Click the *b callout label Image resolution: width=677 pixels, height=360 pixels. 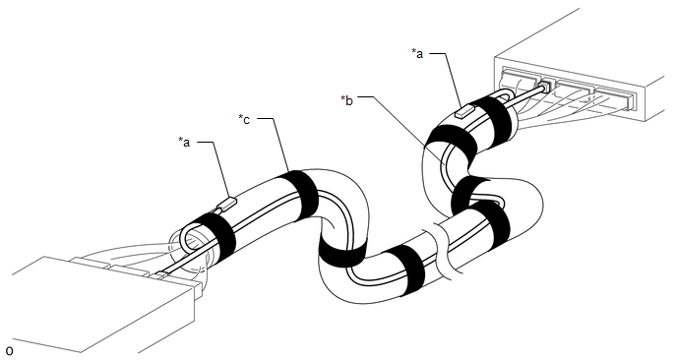click(x=346, y=100)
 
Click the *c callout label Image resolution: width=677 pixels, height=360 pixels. click(x=244, y=119)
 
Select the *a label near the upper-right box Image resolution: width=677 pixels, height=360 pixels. click(x=417, y=53)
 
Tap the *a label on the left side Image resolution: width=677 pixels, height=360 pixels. click(x=184, y=142)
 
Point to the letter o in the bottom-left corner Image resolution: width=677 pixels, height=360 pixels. click(x=9, y=350)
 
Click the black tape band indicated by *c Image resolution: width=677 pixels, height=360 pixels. click(x=298, y=194)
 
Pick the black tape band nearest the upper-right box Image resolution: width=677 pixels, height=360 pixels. click(x=496, y=120)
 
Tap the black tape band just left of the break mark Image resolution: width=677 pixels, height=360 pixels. click(x=404, y=270)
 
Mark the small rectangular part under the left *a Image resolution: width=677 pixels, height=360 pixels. click(x=227, y=203)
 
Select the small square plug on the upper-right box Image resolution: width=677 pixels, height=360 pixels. click(x=546, y=85)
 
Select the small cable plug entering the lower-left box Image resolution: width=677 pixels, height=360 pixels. click(x=162, y=274)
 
